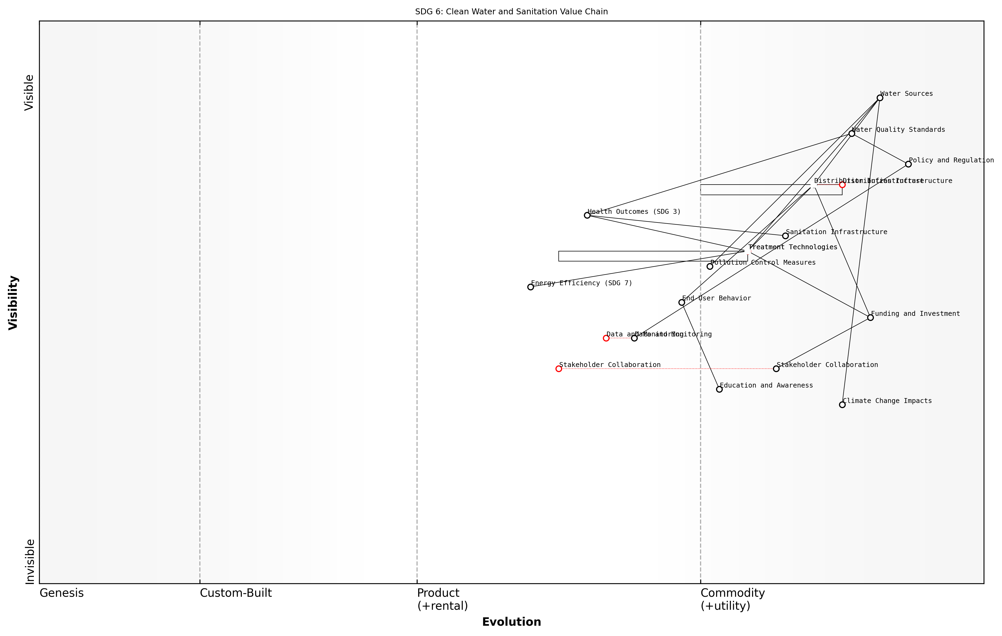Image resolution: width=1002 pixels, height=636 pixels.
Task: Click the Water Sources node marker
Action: click(880, 98)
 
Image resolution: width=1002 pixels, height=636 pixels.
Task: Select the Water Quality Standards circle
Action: click(852, 133)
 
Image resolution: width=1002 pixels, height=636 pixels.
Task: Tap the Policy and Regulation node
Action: click(908, 164)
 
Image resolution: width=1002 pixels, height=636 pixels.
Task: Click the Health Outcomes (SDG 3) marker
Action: click(587, 215)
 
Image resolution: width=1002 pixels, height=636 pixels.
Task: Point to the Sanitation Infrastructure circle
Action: click(785, 236)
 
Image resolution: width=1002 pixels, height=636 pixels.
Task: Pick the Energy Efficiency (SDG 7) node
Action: click(531, 287)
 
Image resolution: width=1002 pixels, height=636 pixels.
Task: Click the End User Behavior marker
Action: click(682, 302)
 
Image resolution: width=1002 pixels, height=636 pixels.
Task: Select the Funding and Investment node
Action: click(870, 317)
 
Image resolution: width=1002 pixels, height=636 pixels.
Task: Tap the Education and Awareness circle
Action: click(720, 389)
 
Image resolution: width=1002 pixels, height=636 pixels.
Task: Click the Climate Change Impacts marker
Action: click(842, 405)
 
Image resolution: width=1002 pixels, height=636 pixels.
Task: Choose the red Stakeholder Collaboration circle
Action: click(559, 369)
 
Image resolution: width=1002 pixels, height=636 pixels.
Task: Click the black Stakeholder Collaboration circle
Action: click(776, 369)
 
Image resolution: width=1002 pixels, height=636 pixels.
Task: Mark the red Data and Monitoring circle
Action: click(606, 338)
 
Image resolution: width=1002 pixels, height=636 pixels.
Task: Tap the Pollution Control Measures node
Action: click(710, 266)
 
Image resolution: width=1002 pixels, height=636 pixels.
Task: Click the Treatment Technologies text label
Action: click(793, 247)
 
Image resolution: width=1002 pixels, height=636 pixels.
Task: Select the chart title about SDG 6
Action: click(511, 12)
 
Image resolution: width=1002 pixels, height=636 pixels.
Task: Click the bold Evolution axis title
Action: click(511, 622)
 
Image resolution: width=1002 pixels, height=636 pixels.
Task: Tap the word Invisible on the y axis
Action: click(30, 562)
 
